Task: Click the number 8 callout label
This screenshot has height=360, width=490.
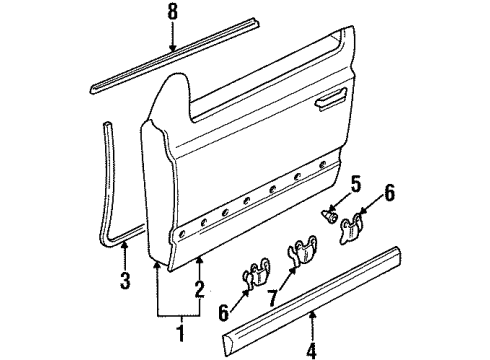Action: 173,12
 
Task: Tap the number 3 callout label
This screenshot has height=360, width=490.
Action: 125,280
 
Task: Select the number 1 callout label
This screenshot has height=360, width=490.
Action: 181,331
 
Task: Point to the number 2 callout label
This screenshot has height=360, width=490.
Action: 199,289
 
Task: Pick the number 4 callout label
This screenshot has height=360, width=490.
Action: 311,350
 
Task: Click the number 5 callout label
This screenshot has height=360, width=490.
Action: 356,185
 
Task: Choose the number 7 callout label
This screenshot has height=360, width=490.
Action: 273,298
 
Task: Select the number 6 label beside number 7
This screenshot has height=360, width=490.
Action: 224,312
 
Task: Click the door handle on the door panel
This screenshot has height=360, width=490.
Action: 331,99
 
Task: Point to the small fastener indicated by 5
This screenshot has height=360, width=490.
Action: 330,218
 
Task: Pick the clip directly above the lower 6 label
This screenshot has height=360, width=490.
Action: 256,272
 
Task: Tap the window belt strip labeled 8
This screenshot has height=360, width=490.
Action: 175,55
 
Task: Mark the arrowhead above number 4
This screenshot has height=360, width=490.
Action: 312,313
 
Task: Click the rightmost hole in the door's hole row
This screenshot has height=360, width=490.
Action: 322,165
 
